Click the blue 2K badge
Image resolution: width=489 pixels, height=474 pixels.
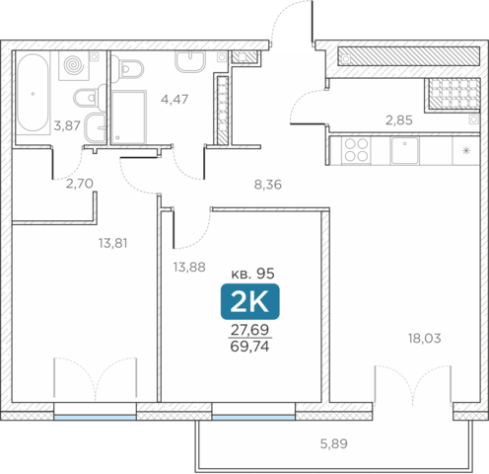tap(250, 301)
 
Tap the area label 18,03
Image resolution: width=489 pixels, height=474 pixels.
tap(425, 338)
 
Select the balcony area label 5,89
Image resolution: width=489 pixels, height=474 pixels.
tap(334, 443)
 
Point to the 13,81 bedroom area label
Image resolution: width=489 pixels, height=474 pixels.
tap(113, 243)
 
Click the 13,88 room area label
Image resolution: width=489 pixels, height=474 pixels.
tap(189, 267)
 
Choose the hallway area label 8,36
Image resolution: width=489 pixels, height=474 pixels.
tap(268, 185)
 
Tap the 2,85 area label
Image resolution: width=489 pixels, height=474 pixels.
tap(399, 120)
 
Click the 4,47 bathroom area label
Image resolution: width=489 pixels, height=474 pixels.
tap(175, 99)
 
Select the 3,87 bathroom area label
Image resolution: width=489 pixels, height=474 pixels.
tap(67, 125)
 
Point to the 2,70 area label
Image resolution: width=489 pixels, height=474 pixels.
tap(80, 184)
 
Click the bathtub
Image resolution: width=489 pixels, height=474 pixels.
tap(33, 93)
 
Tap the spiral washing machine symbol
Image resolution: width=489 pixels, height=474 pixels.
tap(74, 65)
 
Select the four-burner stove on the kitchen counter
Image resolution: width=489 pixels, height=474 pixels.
tap(356, 150)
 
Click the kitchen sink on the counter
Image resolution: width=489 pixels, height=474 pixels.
tap(404, 150)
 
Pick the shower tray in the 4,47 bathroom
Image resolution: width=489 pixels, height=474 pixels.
tap(128, 118)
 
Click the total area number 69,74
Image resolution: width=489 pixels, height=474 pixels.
tap(250, 347)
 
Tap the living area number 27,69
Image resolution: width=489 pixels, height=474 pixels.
tap(250, 329)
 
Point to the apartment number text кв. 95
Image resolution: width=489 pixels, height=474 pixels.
tap(253, 274)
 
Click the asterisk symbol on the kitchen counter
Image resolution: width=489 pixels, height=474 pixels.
tap(465, 150)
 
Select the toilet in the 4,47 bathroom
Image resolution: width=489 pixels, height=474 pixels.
tap(130, 69)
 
